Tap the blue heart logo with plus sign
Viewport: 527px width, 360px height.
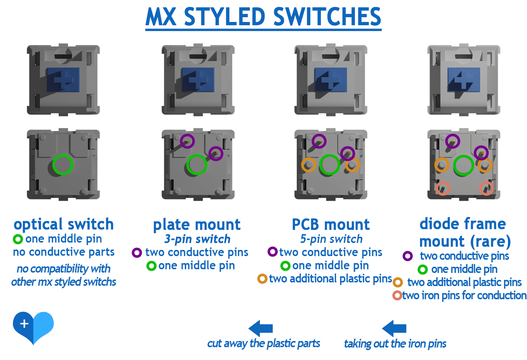33,326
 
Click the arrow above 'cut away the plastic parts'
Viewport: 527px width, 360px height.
261,328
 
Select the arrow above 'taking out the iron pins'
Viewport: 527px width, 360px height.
394,328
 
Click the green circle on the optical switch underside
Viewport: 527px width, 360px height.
63,165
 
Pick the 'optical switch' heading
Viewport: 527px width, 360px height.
64,224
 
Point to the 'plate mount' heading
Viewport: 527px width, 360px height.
197,225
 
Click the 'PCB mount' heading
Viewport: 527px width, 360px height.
331,225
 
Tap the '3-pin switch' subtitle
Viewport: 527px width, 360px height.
197,239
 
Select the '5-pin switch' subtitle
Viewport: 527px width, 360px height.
331,239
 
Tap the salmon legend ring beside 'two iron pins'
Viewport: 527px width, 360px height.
397,295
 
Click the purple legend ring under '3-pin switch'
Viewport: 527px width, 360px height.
137,252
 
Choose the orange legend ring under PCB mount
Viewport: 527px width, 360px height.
262,279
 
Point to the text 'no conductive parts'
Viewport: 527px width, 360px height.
64,252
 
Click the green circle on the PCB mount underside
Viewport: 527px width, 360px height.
330,165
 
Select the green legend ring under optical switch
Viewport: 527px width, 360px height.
18,239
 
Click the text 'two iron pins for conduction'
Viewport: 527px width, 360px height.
464,296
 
